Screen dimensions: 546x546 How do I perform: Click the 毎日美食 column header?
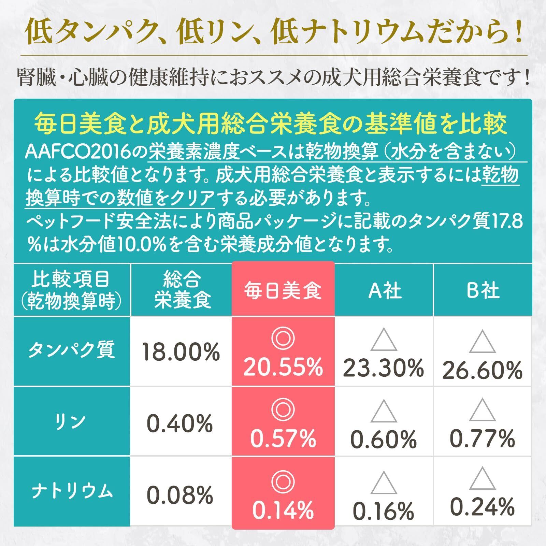(283, 290)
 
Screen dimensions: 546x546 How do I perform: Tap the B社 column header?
(483, 290)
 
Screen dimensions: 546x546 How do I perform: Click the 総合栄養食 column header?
(182, 290)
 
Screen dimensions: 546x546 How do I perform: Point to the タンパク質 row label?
(72, 351)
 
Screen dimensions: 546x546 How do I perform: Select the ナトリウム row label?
(72, 491)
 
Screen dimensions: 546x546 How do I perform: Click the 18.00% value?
(181, 352)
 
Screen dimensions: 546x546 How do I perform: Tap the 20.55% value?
(283, 368)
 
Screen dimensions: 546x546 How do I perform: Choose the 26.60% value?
(482, 370)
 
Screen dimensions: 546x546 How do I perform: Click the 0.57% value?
(283, 439)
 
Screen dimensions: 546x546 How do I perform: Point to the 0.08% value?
(180, 495)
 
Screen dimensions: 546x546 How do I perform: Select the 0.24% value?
(482, 507)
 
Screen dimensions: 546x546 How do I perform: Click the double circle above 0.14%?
(283, 482)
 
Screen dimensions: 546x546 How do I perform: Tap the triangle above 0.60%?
(384, 412)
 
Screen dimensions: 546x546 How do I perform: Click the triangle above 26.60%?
(482, 342)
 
